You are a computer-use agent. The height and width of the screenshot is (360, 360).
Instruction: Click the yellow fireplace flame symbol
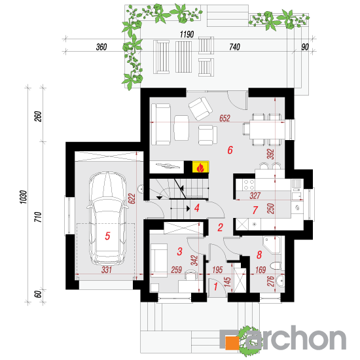point(200,167)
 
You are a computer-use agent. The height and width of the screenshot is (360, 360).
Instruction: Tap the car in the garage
point(107,219)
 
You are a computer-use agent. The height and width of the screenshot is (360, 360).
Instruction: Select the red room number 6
point(230,150)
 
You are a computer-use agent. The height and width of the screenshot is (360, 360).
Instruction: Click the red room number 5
point(107,236)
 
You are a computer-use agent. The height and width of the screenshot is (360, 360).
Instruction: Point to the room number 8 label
point(259,255)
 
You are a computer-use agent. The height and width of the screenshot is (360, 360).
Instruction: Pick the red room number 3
point(179,251)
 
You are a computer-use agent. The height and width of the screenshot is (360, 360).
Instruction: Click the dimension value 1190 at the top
point(187,35)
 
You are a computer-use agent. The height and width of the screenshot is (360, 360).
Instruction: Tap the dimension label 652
point(225,118)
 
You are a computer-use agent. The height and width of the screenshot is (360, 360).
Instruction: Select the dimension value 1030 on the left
point(24,197)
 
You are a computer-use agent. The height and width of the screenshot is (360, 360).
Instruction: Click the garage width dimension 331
point(107,270)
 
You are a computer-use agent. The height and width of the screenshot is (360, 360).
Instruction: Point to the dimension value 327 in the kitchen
point(255,196)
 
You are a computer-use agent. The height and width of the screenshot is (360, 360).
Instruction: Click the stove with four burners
point(249,185)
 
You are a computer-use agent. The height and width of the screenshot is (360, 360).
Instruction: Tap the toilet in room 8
point(276,266)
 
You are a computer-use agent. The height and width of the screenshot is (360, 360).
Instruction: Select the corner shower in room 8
point(272,245)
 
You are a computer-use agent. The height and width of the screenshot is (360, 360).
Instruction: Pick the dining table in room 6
point(267,130)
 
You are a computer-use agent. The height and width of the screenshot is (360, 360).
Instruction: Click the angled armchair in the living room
point(200,109)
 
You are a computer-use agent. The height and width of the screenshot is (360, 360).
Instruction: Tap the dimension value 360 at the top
point(101,47)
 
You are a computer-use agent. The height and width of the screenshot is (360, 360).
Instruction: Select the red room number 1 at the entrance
point(215,287)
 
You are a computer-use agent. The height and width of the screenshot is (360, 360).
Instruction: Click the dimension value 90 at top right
point(305,47)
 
